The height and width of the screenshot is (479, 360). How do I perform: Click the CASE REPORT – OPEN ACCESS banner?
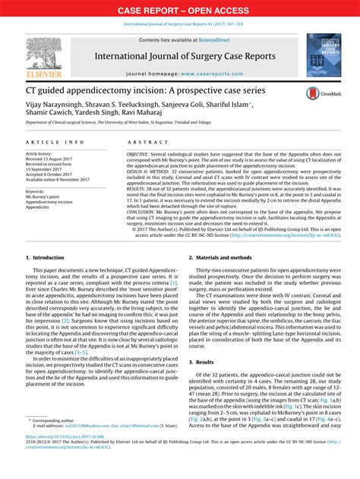point(179,10)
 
